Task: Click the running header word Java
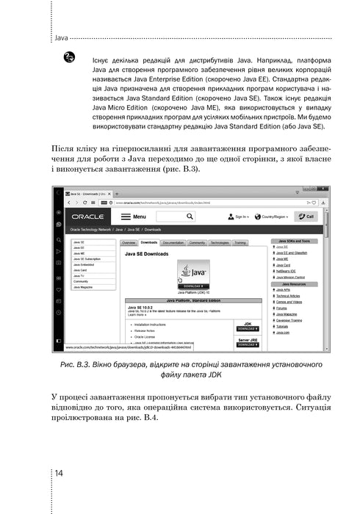click(62, 36)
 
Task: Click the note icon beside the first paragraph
click(70, 56)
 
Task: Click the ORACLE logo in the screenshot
click(107, 217)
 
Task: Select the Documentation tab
click(173, 242)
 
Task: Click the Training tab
click(240, 242)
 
